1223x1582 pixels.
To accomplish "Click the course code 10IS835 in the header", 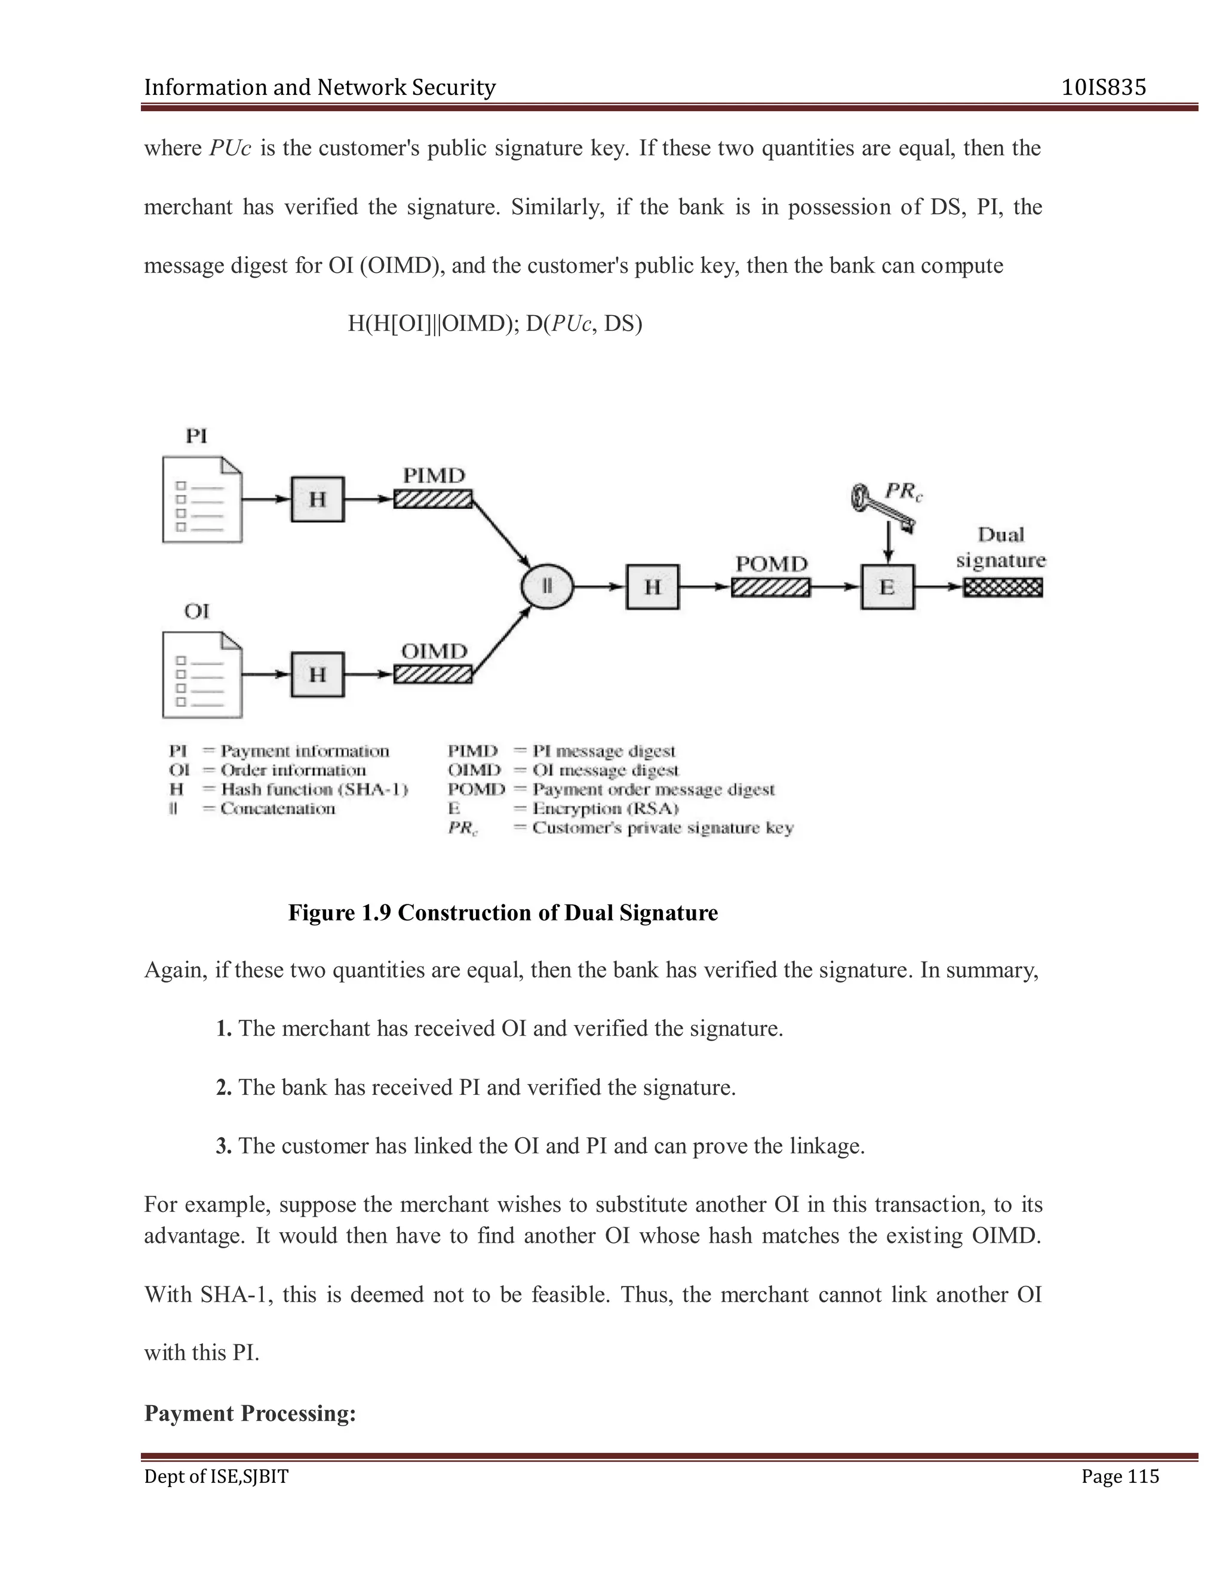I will [x=1104, y=88].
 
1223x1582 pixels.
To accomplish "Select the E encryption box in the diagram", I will [x=887, y=587].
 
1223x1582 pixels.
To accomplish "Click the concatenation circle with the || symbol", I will [x=547, y=587].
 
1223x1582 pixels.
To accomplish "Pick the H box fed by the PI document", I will [x=317, y=499].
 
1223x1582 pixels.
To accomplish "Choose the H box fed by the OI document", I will [x=317, y=675].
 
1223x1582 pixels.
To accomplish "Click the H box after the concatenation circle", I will [x=653, y=587].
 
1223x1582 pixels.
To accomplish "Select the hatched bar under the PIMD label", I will [x=432, y=499].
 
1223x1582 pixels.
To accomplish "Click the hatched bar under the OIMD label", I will [x=432, y=675].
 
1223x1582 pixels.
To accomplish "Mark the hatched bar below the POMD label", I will [x=771, y=587].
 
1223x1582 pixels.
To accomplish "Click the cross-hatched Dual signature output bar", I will [x=1003, y=587].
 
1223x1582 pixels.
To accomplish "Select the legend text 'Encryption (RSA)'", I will [x=605, y=808].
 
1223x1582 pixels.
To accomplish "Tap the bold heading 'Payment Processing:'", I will [x=250, y=1413].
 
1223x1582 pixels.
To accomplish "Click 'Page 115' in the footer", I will [x=1120, y=1476].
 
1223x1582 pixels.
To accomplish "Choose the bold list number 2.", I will [x=223, y=1087].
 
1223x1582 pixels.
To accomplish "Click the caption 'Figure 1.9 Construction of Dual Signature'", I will [x=503, y=913].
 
